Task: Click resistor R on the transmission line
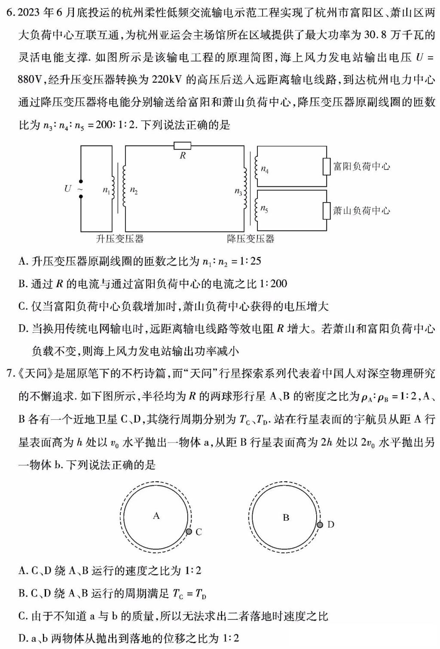pyautogui.click(x=183, y=146)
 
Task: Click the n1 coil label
pyautogui.click(x=106, y=190)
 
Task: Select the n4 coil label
pyautogui.click(x=265, y=170)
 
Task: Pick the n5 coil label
pyautogui.click(x=264, y=209)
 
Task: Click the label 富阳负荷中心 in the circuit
pyautogui.click(x=362, y=167)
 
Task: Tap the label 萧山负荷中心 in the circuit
pyautogui.click(x=362, y=211)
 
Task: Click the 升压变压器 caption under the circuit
pyautogui.click(x=119, y=239)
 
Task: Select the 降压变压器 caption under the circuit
pyautogui.click(x=251, y=239)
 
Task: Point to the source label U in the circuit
pyautogui.click(x=67, y=188)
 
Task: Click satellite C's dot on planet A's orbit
pyautogui.click(x=189, y=532)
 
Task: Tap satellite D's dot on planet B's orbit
pyautogui.click(x=320, y=525)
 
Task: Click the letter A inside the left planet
pyautogui.click(x=156, y=516)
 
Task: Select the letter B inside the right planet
pyautogui.click(x=286, y=518)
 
